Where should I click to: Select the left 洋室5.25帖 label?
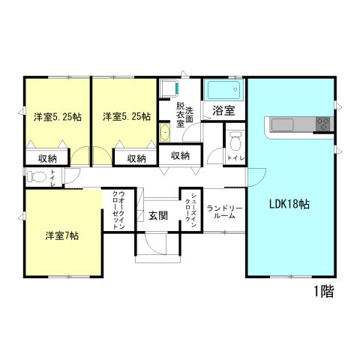57,116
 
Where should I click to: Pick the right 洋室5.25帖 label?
126,116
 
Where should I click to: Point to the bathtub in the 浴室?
224,91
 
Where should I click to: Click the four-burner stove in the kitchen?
324,124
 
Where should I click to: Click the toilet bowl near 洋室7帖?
36,178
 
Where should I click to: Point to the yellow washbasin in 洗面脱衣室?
165,133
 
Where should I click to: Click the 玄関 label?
157,216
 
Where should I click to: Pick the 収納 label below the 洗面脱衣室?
180,155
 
